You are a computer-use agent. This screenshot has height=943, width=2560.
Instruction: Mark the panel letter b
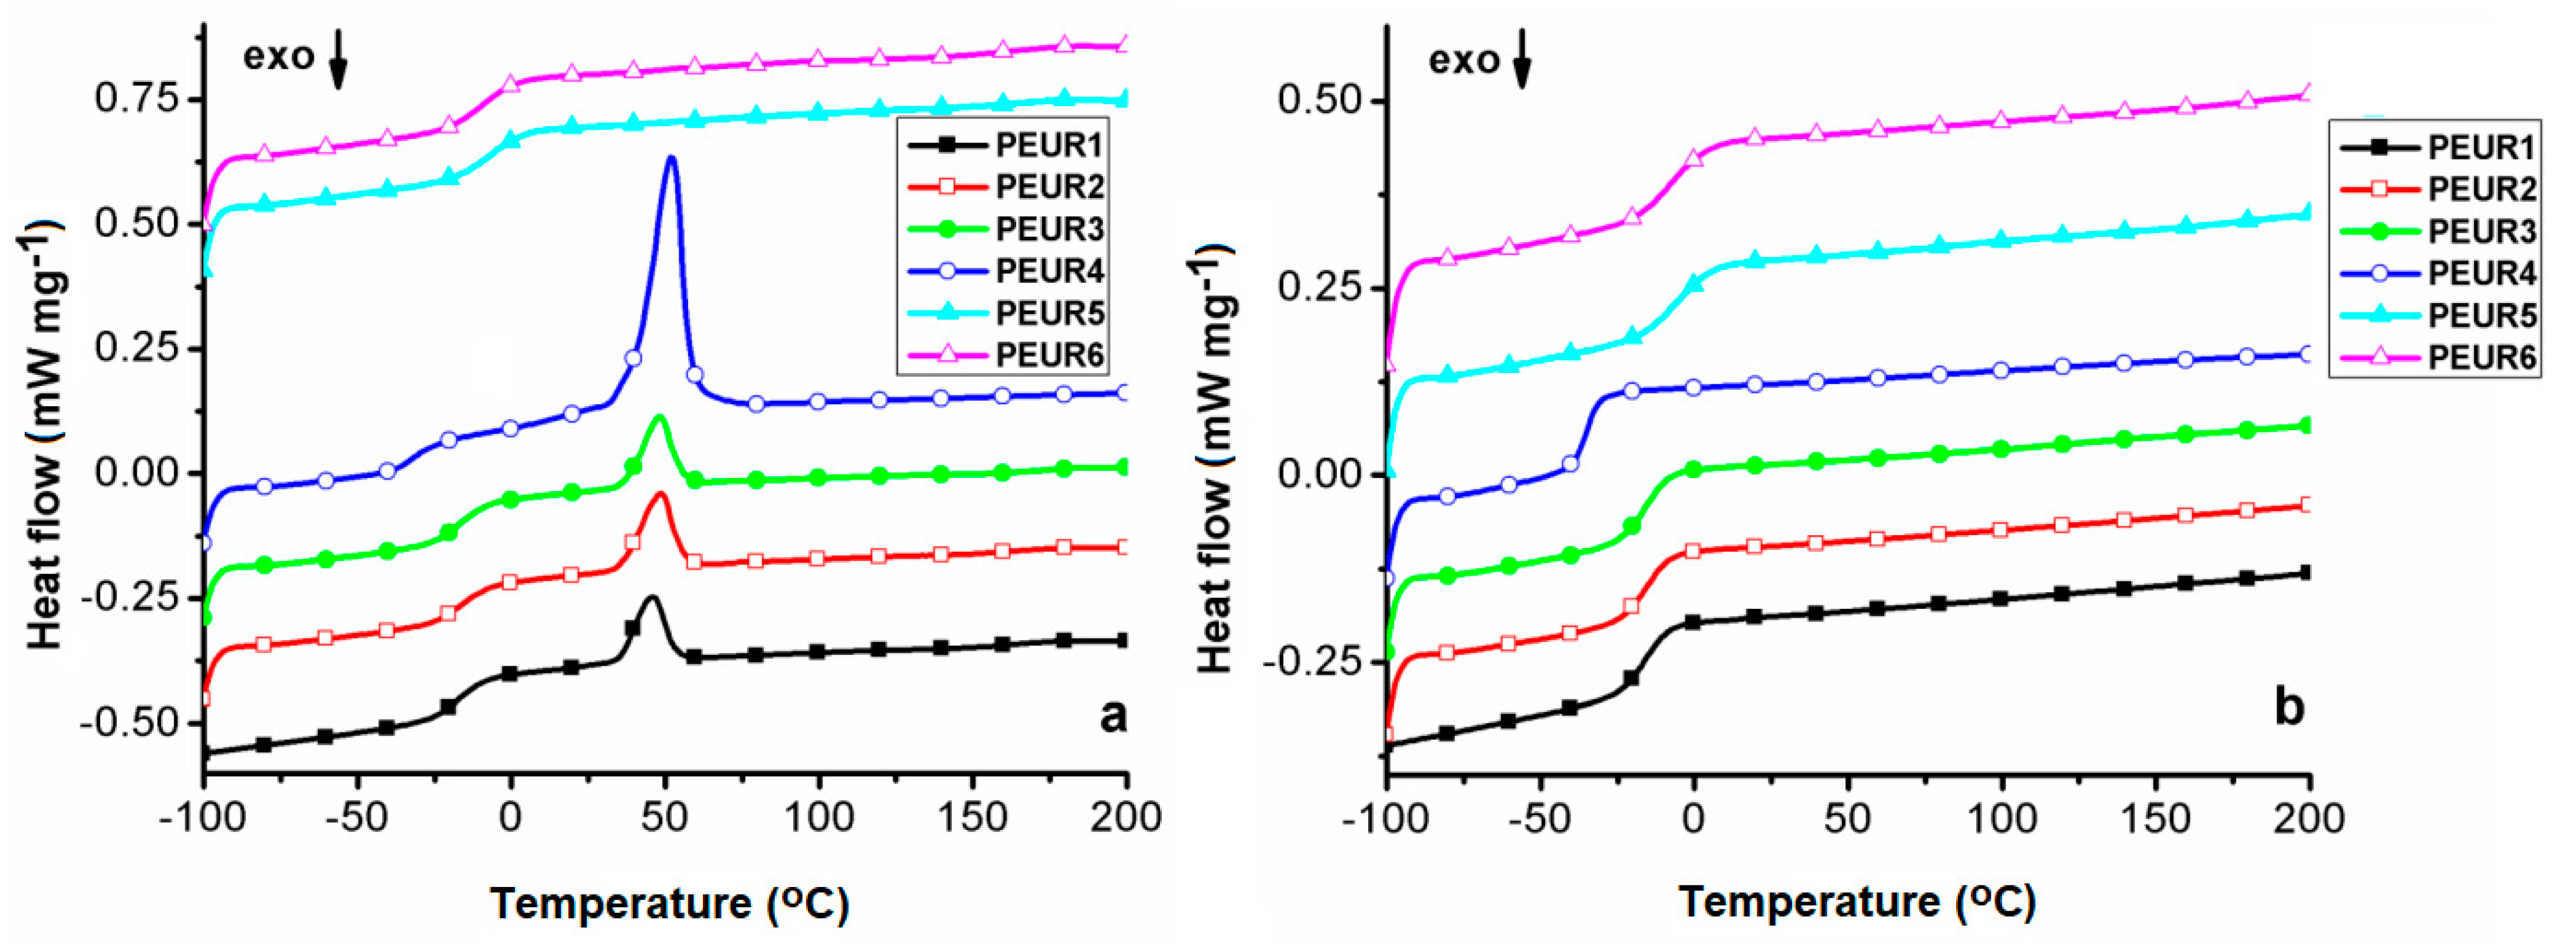(2289, 707)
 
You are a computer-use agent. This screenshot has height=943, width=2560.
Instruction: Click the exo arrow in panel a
(338, 60)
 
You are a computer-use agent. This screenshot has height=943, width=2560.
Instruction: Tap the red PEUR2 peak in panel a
(659, 494)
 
